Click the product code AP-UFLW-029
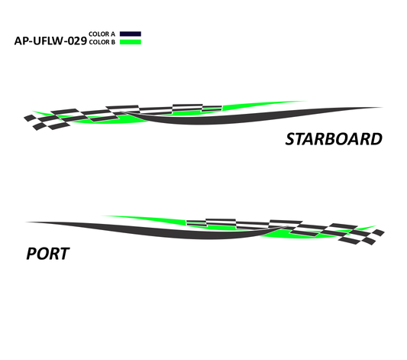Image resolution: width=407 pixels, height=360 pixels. (50, 41)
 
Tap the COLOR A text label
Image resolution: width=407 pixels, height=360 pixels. (102, 34)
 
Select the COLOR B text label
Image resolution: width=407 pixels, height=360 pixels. (102, 42)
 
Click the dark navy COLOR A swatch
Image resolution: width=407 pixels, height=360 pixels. (131, 34)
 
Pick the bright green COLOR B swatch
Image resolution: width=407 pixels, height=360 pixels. (131, 42)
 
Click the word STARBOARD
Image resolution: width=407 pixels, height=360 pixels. (334, 139)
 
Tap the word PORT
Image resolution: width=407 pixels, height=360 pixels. (48, 254)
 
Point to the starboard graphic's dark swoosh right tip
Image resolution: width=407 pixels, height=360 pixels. (382, 107)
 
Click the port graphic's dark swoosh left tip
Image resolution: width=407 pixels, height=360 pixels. (26, 222)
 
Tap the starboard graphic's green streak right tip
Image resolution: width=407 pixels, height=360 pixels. (305, 102)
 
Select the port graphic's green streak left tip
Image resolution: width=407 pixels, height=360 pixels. (102, 216)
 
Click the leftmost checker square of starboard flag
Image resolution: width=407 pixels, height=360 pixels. (30, 118)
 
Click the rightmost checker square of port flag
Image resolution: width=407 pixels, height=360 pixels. (378, 232)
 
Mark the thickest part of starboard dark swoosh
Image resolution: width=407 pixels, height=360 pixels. (197, 121)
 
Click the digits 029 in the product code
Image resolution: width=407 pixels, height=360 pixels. (77, 41)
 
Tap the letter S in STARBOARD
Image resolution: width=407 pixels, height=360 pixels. (291, 139)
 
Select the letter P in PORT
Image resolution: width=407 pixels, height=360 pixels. (31, 254)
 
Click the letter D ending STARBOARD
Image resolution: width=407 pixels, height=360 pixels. (376, 139)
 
